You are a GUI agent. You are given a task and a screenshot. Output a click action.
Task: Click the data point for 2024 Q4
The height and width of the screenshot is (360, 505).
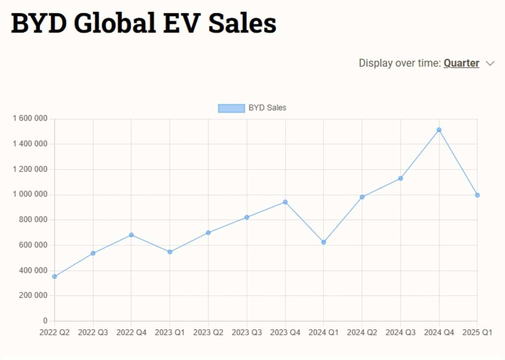(439, 130)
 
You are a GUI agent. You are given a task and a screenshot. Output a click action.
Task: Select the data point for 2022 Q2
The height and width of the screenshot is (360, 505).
(54, 276)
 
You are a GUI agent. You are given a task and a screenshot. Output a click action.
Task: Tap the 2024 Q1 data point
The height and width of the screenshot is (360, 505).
(324, 242)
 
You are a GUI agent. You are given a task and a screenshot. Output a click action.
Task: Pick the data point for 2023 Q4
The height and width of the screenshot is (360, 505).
(285, 202)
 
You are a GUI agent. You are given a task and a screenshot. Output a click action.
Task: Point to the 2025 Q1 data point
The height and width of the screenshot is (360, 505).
(477, 195)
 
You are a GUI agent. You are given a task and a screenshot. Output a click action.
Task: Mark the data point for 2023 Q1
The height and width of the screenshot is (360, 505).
(170, 252)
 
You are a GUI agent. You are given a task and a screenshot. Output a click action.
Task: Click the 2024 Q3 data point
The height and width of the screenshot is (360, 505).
(400, 178)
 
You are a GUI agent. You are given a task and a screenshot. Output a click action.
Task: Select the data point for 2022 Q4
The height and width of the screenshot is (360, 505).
(131, 235)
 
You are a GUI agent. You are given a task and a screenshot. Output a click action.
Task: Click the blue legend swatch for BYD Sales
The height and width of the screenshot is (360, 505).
(231, 108)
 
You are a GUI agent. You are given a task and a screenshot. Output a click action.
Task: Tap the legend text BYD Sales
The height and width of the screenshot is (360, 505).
(267, 108)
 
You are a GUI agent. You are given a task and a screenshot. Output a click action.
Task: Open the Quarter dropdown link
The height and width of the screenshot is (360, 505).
(461, 64)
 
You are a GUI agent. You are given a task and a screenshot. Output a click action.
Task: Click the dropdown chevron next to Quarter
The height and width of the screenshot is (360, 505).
(490, 64)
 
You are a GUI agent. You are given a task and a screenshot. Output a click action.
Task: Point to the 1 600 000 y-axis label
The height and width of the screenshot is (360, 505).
(30, 118)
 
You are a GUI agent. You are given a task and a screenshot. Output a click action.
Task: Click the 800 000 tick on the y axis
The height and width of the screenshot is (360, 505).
(33, 220)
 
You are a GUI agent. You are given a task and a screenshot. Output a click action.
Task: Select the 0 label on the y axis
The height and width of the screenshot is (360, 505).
(45, 320)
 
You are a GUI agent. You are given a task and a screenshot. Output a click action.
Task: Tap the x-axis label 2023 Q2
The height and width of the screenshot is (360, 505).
(208, 332)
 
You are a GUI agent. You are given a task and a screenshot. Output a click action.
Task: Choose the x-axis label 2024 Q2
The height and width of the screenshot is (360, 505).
(362, 332)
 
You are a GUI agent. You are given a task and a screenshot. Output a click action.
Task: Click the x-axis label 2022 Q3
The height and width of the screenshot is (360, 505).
(93, 332)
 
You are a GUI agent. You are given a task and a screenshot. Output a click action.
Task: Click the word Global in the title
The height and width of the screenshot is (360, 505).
(115, 23)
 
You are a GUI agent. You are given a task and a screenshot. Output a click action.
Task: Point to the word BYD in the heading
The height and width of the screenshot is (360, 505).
(39, 23)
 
